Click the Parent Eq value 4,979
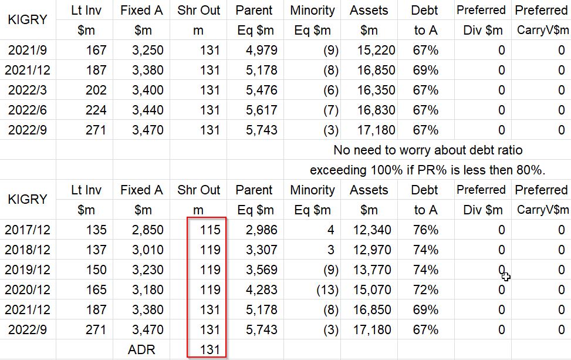(x=262, y=51)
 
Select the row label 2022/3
(x=28, y=90)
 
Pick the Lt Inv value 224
(x=96, y=110)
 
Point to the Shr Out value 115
(x=210, y=230)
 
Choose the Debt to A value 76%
(x=425, y=230)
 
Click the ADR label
(x=142, y=350)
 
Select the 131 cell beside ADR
(x=210, y=350)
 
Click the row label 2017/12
(x=28, y=230)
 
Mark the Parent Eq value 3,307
(x=262, y=250)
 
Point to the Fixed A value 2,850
(x=147, y=230)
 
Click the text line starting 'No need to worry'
(x=427, y=150)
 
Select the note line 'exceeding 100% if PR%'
(x=427, y=170)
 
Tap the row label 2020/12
(x=28, y=290)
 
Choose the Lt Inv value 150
(x=96, y=270)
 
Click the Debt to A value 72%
(x=425, y=290)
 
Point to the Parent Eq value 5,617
(x=262, y=110)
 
